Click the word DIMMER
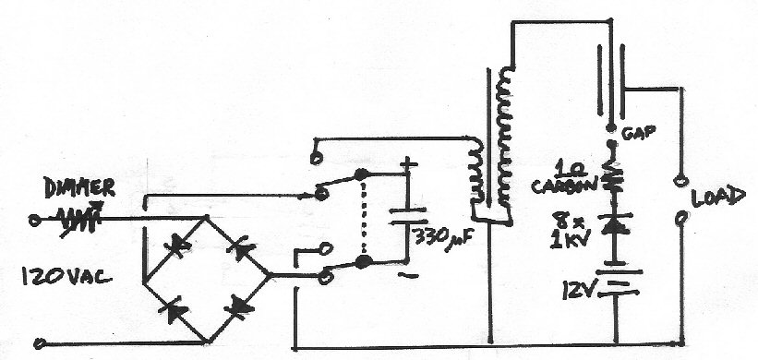point(79,187)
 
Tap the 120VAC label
point(66,277)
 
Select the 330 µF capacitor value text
point(443,238)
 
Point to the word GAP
point(638,132)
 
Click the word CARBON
point(564,186)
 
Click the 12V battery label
point(579,290)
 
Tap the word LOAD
point(718,198)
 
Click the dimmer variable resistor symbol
point(79,220)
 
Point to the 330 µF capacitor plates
point(408,216)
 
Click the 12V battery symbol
point(618,282)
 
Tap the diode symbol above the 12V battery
point(614,224)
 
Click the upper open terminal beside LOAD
point(680,182)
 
